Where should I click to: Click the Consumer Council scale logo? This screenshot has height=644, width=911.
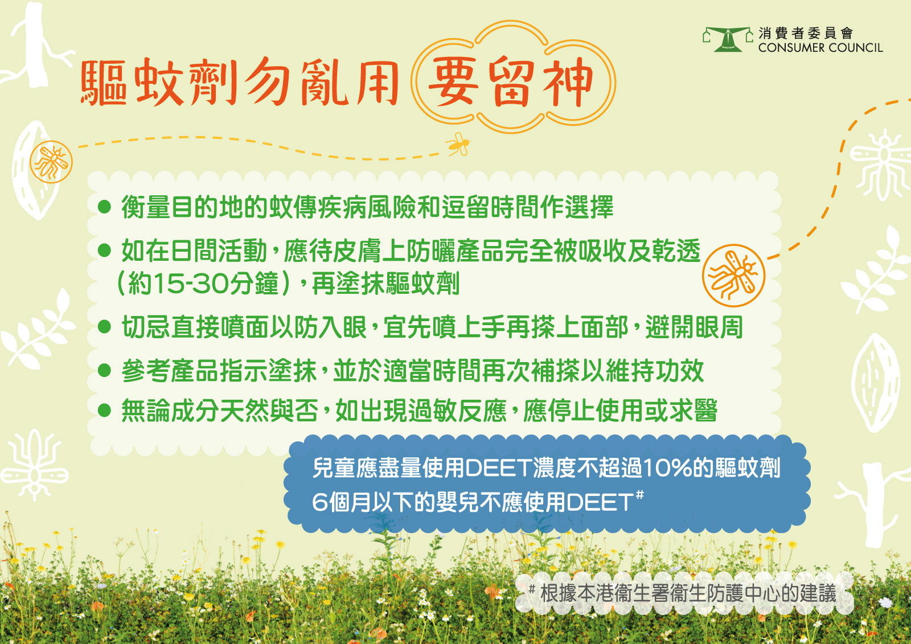pos(728,39)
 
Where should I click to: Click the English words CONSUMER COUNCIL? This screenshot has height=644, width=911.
pos(820,48)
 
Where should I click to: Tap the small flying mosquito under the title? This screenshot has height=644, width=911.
pos(458,145)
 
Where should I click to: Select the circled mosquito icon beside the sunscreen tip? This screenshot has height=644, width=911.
pos(733,276)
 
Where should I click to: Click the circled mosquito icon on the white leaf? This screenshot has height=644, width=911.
pos(51,162)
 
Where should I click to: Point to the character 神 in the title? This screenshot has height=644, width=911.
pos(568,82)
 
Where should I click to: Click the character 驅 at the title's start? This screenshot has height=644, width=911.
pos(103,83)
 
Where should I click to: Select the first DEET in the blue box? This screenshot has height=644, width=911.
pos(498,468)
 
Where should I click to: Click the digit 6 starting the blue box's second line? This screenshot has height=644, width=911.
pos(319,503)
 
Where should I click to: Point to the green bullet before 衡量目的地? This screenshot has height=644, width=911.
pos(105,207)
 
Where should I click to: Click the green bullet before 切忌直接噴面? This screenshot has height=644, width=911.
pos(105,327)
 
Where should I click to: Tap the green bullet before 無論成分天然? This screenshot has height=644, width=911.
pos(105,410)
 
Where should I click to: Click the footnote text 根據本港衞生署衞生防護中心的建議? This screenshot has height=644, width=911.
pos(688,593)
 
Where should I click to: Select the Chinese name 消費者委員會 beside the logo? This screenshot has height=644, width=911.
pos(806,33)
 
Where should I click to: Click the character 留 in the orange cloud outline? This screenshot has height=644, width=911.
pos(512,82)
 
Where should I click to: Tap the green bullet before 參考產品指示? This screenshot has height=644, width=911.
pos(105,370)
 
